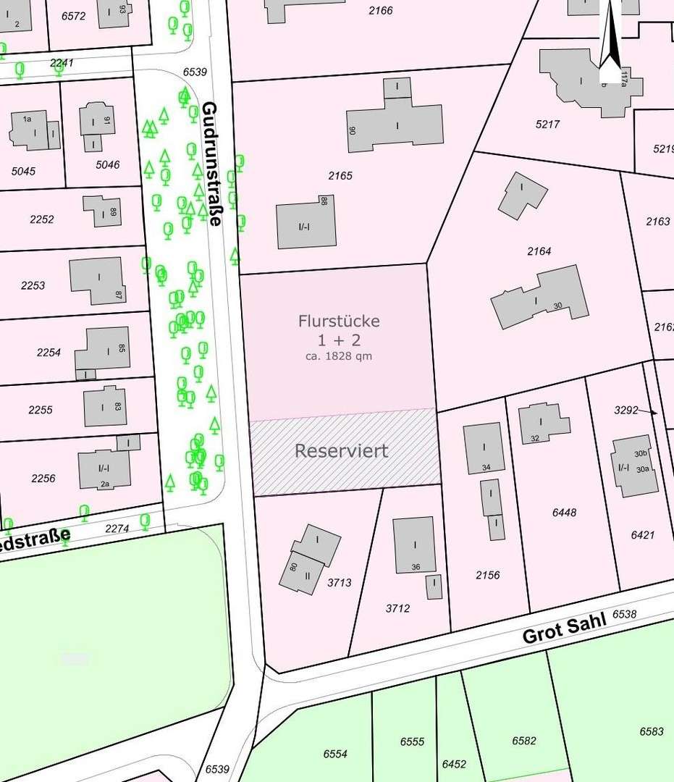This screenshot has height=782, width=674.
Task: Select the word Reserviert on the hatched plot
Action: pos(341,450)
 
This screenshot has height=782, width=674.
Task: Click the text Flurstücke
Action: pos(339,320)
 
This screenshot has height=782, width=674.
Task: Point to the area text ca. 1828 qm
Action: pos(339,356)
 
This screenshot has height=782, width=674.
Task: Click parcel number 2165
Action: pos(340,176)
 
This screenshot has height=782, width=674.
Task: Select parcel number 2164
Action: pos(539,251)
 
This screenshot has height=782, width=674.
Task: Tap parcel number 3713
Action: pos(339,582)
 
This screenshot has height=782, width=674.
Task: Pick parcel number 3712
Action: pos(397,608)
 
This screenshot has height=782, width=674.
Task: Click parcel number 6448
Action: pos(564,512)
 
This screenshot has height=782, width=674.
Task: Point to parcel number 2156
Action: pos(488,575)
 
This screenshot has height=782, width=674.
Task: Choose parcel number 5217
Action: pos(548,125)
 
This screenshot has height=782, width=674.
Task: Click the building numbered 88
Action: pos(306,225)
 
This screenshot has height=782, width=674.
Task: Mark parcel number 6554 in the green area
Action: pos(335,754)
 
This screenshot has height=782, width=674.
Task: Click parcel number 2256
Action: pos(43,479)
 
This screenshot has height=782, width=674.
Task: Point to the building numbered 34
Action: pos(483,447)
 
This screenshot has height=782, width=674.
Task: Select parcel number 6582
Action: pos(524,741)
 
